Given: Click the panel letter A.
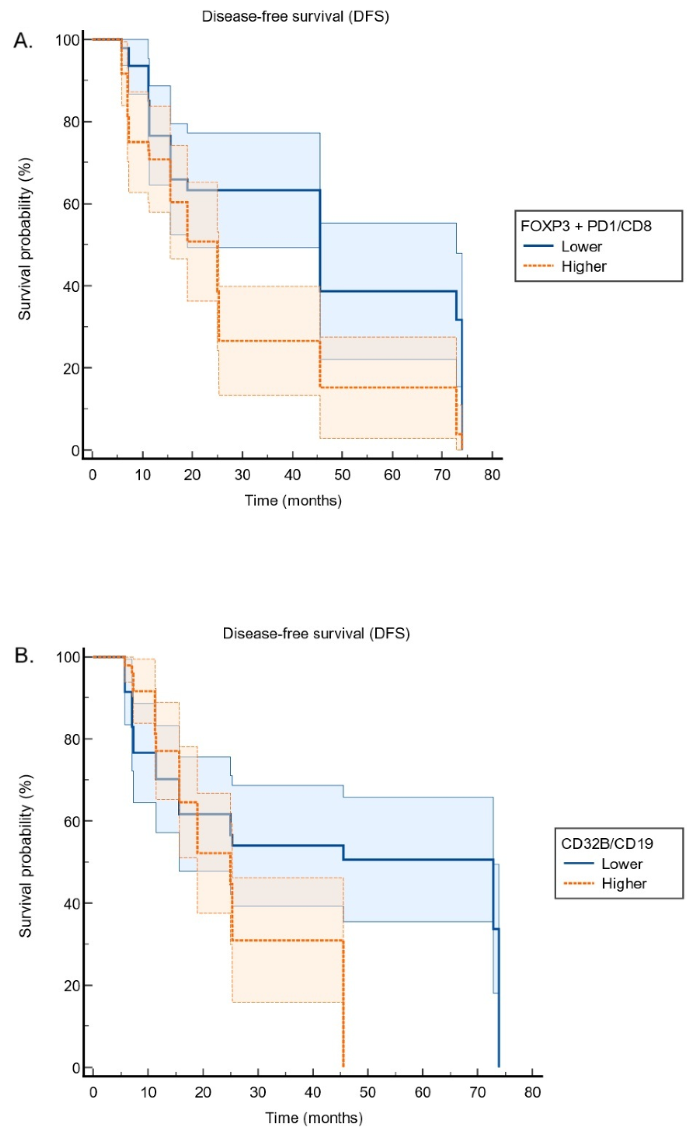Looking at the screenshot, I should pos(23,41).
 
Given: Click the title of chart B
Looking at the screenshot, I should pos(316,633).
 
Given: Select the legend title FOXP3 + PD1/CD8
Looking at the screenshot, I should pos(586,226).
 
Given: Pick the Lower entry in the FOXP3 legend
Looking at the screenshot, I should pos(581,246).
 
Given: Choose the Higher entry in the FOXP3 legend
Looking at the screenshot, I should pos(584,266).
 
